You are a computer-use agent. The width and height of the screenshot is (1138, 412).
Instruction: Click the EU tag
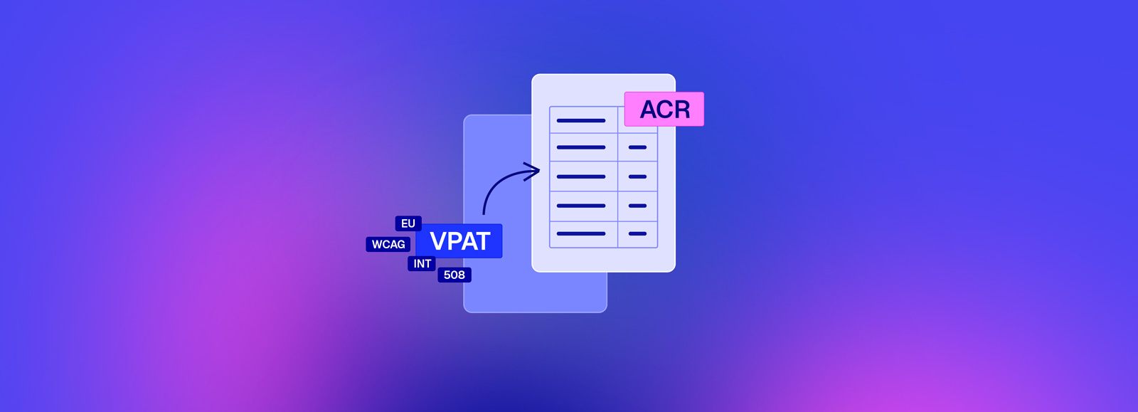click(x=408, y=223)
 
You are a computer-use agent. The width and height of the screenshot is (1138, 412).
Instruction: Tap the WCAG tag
click(x=388, y=244)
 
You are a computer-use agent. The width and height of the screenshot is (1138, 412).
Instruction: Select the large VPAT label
click(x=459, y=241)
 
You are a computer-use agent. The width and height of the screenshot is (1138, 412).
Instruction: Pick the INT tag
click(x=422, y=264)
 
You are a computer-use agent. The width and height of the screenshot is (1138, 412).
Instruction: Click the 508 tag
click(x=454, y=275)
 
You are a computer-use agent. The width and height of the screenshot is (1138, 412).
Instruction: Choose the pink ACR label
click(x=664, y=109)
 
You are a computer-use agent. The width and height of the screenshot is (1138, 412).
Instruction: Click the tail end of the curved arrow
click(x=483, y=214)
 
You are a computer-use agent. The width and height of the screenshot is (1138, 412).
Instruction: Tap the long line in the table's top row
click(x=581, y=120)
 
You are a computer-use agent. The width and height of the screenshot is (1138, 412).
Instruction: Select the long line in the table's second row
click(x=581, y=147)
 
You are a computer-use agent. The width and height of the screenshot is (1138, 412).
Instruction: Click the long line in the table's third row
click(x=581, y=176)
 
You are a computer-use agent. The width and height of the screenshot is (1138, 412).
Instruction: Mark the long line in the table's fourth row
click(x=581, y=206)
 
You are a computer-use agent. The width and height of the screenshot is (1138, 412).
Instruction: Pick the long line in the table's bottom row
click(x=581, y=233)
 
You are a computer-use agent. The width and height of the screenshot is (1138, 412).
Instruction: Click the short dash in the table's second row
click(x=637, y=147)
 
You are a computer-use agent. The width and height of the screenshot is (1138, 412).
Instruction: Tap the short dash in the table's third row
click(x=637, y=176)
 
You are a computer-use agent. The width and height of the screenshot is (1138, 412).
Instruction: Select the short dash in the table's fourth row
click(x=637, y=206)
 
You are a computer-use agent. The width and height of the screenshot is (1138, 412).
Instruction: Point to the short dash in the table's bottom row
click(x=637, y=233)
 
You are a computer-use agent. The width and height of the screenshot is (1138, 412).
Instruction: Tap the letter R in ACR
click(x=681, y=109)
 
